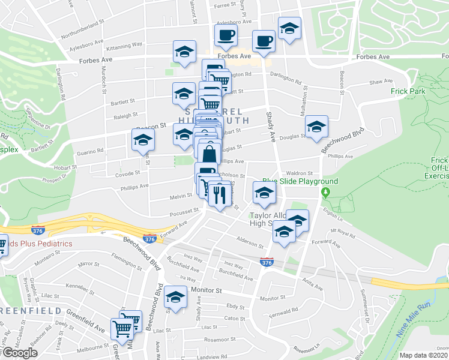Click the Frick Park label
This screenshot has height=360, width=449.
[407, 91]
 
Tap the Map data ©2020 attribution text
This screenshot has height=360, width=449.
[424, 355]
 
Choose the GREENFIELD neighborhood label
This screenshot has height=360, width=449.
[30, 311]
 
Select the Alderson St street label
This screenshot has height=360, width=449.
[250, 244]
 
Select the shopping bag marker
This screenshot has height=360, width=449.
[208, 154]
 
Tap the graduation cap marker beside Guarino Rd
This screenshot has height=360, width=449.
[143, 140]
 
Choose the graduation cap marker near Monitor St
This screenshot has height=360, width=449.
[176, 298]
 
